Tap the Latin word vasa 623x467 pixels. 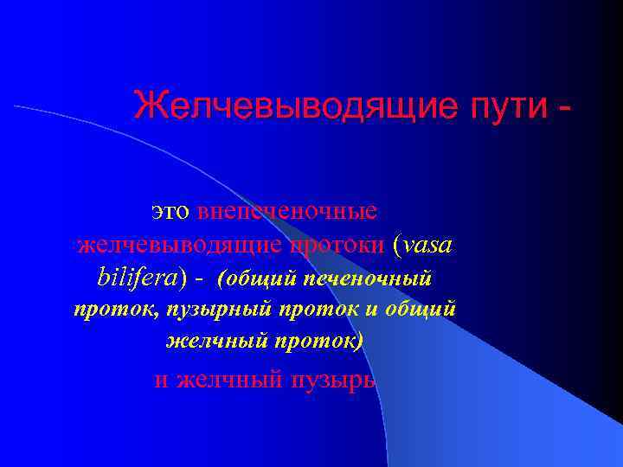tap(427, 246)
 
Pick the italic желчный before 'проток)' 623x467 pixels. tap(215, 341)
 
